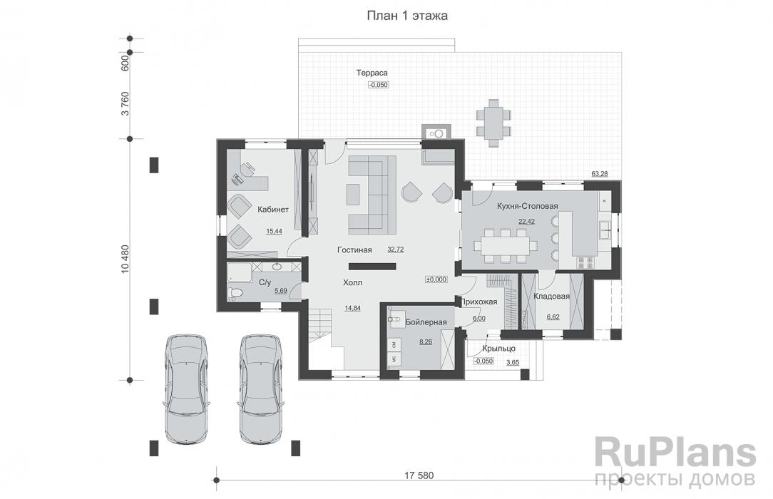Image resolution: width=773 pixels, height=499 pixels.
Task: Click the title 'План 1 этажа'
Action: click(407, 16)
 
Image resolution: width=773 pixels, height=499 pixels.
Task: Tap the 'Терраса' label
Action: click(372, 73)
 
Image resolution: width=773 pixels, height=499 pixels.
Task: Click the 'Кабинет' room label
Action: click(273, 210)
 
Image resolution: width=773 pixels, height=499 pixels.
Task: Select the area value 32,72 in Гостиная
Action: click(395, 249)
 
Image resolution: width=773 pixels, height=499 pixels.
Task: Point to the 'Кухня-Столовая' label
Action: click(528, 206)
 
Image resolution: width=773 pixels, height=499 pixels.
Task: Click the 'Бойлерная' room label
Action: click(426, 322)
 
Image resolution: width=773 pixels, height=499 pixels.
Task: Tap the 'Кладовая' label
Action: click(552, 297)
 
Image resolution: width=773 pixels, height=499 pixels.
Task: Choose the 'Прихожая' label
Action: click(478, 302)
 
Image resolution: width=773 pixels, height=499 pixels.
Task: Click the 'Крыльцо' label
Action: click(499, 349)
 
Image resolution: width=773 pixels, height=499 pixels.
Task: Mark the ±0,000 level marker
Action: click(436, 279)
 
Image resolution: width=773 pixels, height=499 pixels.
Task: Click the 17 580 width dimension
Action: click(419, 476)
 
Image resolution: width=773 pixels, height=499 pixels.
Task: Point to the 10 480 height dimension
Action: click(125, 259)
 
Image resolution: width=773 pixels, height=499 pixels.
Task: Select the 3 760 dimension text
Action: click(125, 103)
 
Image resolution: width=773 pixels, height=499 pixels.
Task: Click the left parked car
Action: click(187, 390)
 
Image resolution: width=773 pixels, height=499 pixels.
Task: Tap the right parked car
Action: click(261, 390)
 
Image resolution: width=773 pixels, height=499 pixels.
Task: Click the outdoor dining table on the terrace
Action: click(493, 123)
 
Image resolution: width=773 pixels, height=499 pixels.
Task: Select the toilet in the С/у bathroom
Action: click(235, 294)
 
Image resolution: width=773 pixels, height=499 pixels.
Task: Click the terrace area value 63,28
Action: click(600, 174)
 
